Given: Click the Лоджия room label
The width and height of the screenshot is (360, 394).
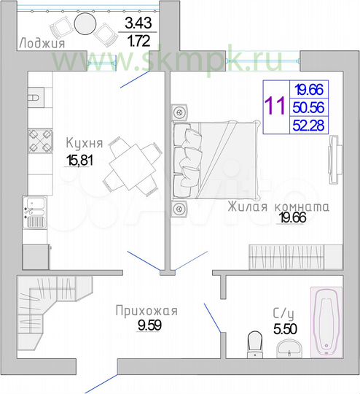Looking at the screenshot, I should (x=41, y=42).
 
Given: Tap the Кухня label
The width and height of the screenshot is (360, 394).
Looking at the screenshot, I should (x=83, y=143).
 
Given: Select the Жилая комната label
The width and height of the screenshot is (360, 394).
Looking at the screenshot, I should (x=278, y=206).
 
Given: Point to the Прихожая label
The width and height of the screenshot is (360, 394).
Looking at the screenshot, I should (x=146, y=312).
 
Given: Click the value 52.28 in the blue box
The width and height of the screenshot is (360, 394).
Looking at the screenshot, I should (x=309, y=125).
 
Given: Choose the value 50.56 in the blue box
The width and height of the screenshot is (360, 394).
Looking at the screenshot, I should (x=309, y=107).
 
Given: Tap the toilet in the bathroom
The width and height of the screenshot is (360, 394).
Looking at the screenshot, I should (x=255, y=342).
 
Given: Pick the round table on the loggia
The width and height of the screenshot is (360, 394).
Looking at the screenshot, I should (x=86, y=24).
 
